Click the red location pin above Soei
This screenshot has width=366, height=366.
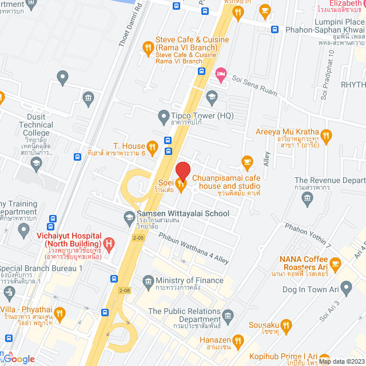(x=182, y=170)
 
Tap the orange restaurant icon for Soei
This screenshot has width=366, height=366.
(x=181, y=184)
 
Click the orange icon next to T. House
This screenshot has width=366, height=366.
(x=152, y=146)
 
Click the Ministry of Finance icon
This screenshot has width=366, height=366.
(x=149, y=280)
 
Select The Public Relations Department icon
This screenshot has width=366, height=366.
(x=228, y=316)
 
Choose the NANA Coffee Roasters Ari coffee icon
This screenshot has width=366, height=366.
(x=335, y=264)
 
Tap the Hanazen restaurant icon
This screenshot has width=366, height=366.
(x=238, y=341)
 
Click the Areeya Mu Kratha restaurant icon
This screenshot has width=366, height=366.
(x=326, y=136)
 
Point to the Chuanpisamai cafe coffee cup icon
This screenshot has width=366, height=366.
(x=247, y=161)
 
